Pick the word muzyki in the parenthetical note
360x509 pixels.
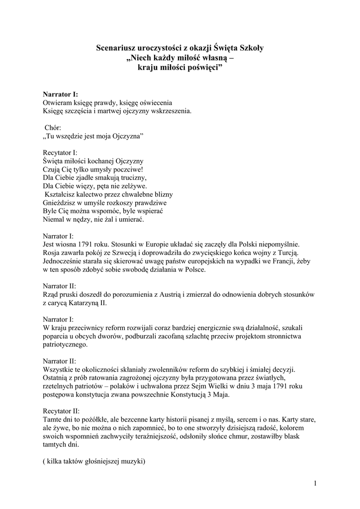(x=131, y=461)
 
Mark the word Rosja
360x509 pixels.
(x=52, y=253)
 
